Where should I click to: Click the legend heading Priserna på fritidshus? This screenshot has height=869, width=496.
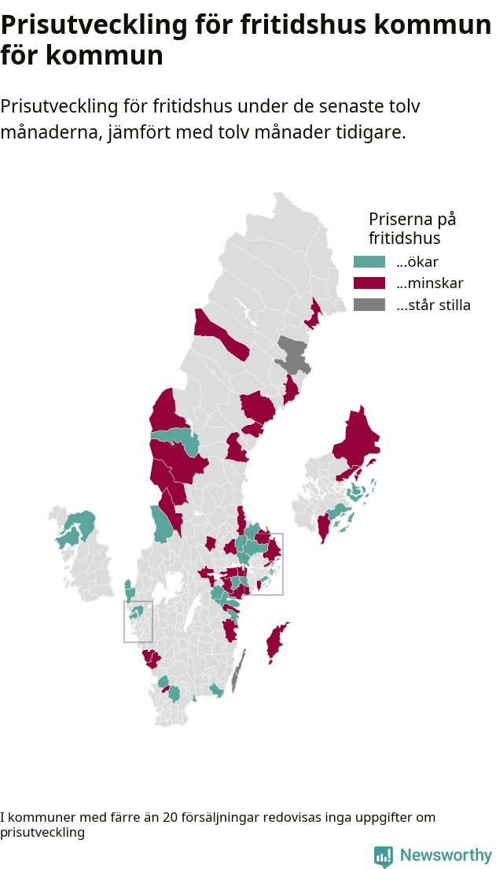(412, 227)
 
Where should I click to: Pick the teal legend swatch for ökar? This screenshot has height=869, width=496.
(369, 262)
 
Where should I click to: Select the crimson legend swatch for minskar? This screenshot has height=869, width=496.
(369, 283)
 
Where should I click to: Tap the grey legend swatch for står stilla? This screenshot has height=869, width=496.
(369, 305)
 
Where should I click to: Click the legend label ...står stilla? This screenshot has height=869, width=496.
(433, 305)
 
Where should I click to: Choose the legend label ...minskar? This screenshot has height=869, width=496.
(430, 283)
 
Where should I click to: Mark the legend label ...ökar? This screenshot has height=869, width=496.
(417, 262)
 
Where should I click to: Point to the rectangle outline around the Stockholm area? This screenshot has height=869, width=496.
(283, 564)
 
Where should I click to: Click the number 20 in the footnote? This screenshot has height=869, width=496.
(171, 818)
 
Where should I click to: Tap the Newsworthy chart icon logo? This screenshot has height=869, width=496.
(383, 856)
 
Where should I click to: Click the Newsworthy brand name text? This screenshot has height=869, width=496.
(446, 856)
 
